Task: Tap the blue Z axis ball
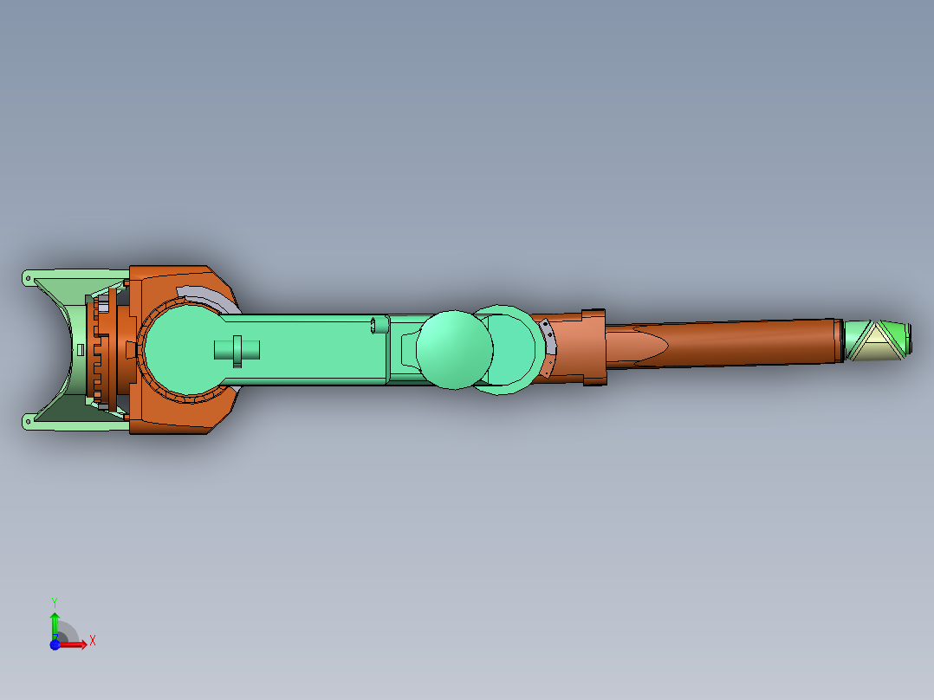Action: (x=55, y=645)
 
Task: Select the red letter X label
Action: (x=92, y=640)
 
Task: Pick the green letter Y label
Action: (x=54, y=601)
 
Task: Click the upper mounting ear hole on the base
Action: (x=28, y=278)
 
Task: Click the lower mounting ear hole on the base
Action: (x=28, y=422)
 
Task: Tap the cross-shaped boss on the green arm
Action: (x=237, y=350)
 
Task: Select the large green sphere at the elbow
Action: (x=454, y=348)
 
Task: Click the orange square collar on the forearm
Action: (x=593, y=347)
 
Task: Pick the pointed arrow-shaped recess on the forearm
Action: (x=641, y=346)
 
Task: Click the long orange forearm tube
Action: (x=745, y=343)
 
